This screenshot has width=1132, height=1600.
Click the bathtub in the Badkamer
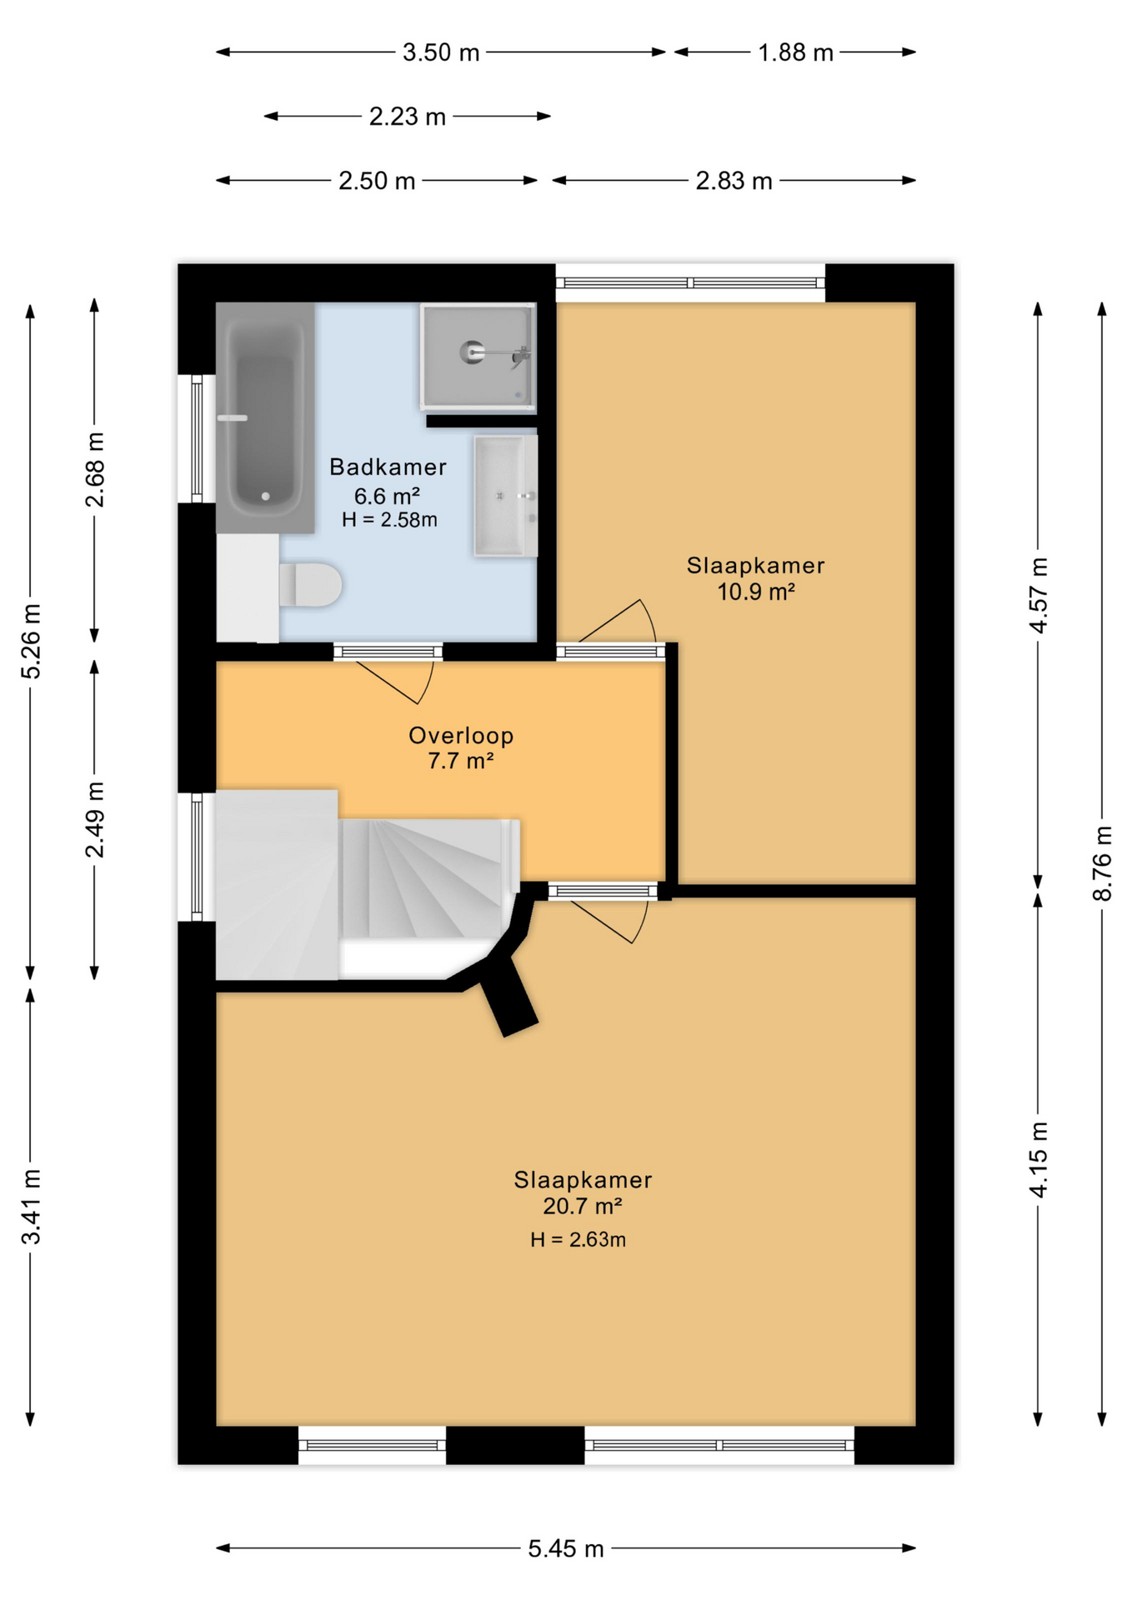click(265, 417)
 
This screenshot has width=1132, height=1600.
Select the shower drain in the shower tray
click(472, 352)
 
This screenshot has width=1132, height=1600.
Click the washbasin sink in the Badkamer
click(505, 496)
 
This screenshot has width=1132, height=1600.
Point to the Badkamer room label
click(388, 467)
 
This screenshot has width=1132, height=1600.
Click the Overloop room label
click(461, 735)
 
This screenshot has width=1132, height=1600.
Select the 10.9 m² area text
click(756, 592)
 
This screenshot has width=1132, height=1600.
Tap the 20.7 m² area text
click(583, 1206)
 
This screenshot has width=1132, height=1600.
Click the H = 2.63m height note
click(578, 1239)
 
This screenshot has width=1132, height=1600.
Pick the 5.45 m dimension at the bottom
click(566, 1548)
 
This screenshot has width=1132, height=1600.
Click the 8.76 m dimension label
click(1102, 863)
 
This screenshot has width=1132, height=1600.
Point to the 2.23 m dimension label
click(408, 117)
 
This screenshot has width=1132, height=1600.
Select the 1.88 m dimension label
click(795, 52)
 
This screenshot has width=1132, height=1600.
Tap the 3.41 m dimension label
click(31, 1207)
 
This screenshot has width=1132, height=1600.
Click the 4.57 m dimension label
click(1038, 595)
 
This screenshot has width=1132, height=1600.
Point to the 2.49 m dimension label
click(94, 820)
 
